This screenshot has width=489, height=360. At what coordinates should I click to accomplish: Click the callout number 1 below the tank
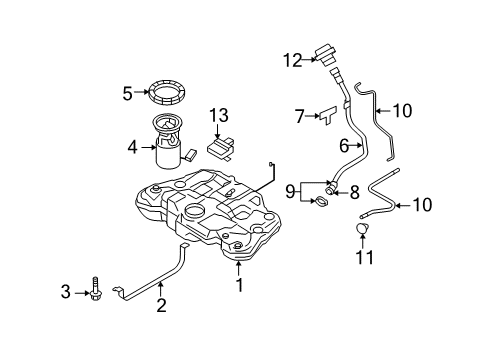click(x=238, y=284)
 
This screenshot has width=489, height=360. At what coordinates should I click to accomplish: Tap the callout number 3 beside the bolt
click(x=66, y=292)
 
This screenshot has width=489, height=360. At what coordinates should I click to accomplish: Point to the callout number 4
click(x=134, y=147)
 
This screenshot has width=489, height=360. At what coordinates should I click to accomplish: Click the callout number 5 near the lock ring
click(x=127, y=93)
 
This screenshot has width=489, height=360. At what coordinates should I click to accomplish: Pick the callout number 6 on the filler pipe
click(x=343, y=146)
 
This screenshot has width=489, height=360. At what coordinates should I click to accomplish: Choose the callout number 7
click(x=299, y=118)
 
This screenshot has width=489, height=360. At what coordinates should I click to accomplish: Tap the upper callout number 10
click(x=403, y=112)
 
